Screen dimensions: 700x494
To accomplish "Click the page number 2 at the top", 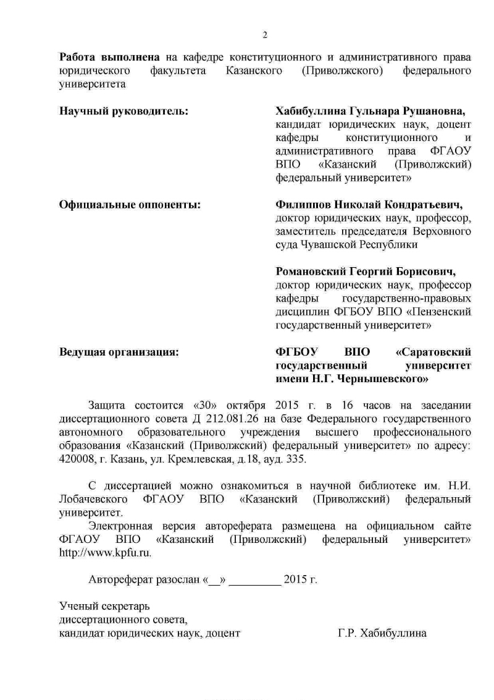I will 265,35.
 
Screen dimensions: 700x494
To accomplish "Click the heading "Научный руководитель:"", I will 124,111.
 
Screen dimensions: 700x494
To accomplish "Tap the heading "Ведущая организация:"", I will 119,352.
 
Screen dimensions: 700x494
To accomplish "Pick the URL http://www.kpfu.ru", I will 104,553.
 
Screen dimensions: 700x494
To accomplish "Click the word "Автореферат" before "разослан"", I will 119,580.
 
